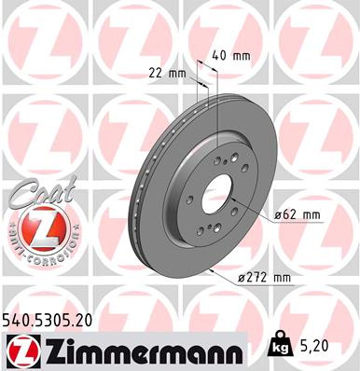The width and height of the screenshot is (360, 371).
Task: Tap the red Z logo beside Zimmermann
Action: pyautogui.click(x=21, y=350)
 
